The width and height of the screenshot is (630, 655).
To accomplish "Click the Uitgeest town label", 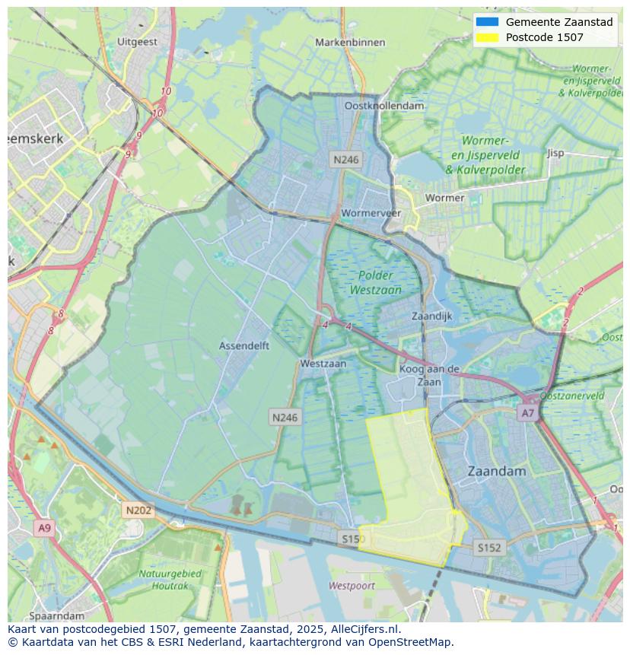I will [138, 43].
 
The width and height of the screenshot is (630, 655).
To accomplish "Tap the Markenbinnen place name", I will [350, 43].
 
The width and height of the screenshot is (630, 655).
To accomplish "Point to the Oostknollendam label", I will [383, 106].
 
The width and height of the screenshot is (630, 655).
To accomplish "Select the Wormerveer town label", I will [371, 213].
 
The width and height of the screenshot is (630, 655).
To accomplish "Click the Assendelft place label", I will [244, 345].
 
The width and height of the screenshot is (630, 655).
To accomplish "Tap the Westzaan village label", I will [323, 364].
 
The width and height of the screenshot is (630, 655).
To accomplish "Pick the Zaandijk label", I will [431, 316].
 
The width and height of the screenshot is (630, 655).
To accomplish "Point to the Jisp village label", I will [555, 153].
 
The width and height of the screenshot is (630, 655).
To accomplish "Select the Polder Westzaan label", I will [375, 282].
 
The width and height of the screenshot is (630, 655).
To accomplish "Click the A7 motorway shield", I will [527, 413].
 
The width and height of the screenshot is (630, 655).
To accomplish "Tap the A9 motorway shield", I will [44, 528].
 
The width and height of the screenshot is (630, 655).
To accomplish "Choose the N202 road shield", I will [138, 510].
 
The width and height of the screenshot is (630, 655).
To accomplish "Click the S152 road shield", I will [488, 547].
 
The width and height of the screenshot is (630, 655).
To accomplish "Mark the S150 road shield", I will [351, 539].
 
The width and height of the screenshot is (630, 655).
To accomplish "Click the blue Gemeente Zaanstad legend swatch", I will [486, 22].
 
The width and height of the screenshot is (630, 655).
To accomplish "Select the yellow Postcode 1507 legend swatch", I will [486, 37].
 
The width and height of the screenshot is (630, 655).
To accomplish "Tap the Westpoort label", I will [352, 586].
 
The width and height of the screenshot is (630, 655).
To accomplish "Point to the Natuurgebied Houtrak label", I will [170, 579].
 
